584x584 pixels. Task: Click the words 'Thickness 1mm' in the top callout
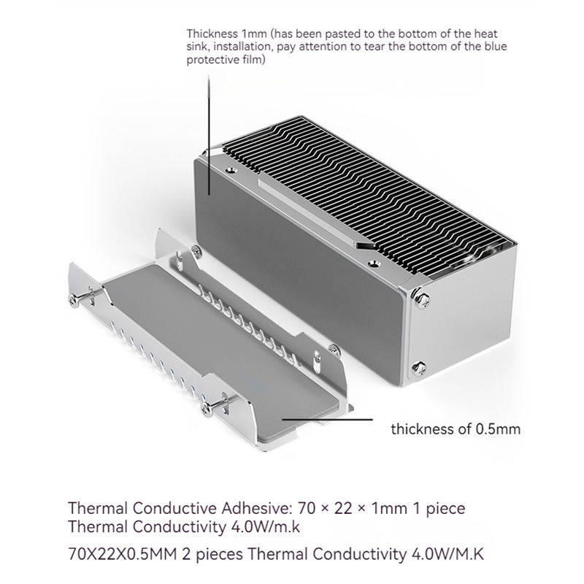tap(226, 34)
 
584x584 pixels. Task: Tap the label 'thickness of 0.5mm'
tap(456, 429)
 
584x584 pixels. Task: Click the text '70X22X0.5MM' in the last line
tap(122, 554)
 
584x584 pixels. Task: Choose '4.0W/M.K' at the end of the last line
tap(447, 554)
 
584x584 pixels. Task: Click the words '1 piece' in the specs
tap(439, 509)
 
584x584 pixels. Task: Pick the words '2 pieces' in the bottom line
tap(212, 555)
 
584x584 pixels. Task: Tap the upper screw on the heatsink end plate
tap(421, 299)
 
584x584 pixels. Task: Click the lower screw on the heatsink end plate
tap(419, 368)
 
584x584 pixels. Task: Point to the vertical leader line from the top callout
tap(209, 134)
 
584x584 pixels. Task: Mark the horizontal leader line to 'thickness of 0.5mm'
tap(327, 419)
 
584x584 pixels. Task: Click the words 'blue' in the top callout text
tap(495, 47)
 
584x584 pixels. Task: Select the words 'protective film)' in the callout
tap(226, 60)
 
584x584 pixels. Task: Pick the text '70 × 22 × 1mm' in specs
tap(353, 508)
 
